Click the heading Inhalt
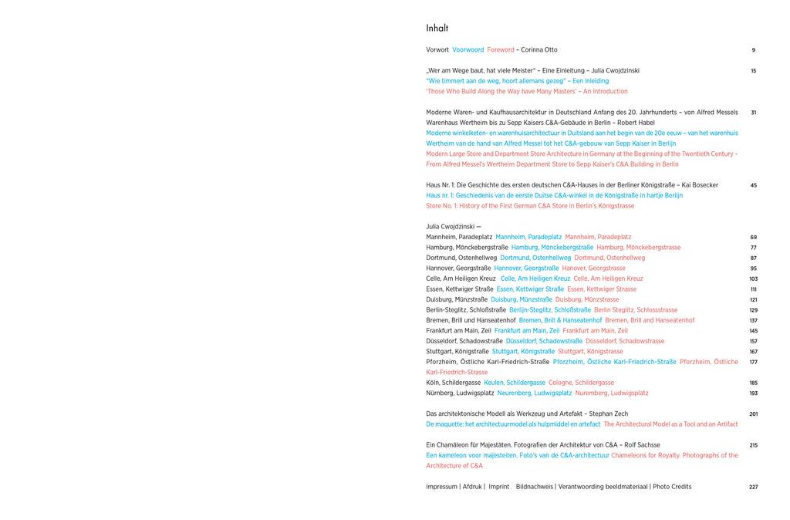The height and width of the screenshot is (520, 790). pyautogui.click(x=437, y=29)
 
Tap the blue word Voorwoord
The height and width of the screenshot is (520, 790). pyautogui.click(x=468, y=50)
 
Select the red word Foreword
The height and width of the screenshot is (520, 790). pyautogui.click(x=501, y=50)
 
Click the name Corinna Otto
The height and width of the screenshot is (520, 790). pyautogui.click(x=539, y=50)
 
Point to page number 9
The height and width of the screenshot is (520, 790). pyautogui.click(x=754, y=50)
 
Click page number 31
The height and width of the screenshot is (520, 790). pyautogui.click(x=754, y=113)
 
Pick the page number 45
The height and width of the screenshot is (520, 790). pyautogui.click(x=754, y=185)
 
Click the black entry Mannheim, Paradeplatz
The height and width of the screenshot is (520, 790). pyautogui.click(x=459, y=237)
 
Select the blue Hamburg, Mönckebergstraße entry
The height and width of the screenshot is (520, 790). pyautogui.click(x=552, y=248)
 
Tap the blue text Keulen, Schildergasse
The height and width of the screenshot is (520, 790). pyautogui.click(x=515, y=383)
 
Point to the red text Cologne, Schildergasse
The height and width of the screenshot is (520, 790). pyautogui.click(x=581, y=383)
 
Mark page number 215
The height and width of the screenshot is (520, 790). pyautogui.click(x=754, y=445)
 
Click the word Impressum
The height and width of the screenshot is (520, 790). pyautogui.click(x=441, y=487)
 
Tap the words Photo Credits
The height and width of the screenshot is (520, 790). pyautogui.click(x=672, y=487)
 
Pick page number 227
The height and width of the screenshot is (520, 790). pyautogui.click(x=754, y=487)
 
